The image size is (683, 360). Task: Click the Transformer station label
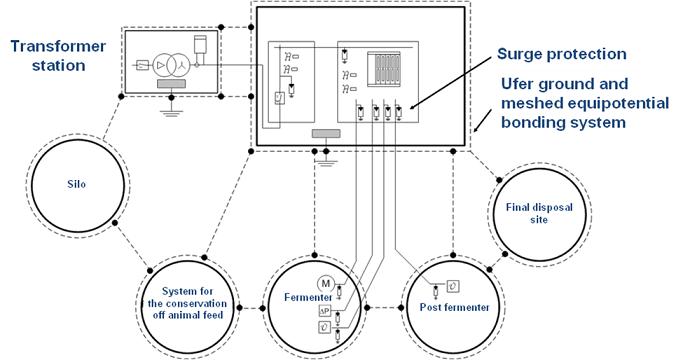point(58,56)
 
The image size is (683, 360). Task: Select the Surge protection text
point(561,54)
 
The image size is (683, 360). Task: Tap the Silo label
point(77,184)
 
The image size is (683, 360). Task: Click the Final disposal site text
point(539,213)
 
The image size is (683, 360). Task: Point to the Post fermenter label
point(454,307)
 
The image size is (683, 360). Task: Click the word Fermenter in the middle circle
point(308,297)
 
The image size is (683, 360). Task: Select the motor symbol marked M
point(325,284)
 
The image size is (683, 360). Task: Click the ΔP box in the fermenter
point(325,311)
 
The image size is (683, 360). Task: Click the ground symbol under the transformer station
point(171,112)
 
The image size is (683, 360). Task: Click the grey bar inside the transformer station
point(171,84)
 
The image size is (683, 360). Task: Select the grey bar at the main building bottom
point(326,134)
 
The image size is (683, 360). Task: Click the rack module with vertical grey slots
point(384,68)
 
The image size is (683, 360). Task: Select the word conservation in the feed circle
point(187,303)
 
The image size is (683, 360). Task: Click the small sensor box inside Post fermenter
point(453,286)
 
